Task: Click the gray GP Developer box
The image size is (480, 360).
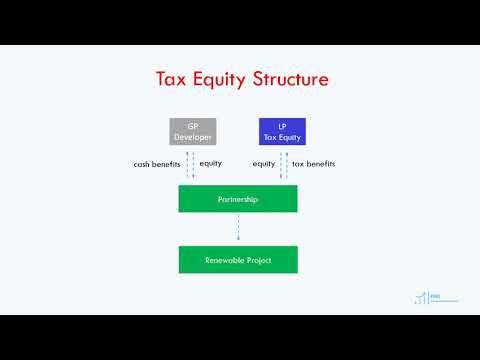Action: (193, 132)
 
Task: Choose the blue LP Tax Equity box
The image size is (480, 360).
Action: (282, 132)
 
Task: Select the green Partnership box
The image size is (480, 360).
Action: (238, 199)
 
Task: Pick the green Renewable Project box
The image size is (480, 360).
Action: (238, 260)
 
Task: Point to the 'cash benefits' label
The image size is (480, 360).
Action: (156, 163)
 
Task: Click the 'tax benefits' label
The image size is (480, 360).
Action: (313, 163)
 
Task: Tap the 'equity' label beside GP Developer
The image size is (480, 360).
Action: (210, 163)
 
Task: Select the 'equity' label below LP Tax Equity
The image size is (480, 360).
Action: (264, 163)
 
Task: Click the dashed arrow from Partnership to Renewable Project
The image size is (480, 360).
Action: (238, 229)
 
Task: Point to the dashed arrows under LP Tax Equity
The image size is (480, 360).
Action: (283, 165)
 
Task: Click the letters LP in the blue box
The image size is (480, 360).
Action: (282, 126)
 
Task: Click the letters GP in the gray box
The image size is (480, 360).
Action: (193, 126)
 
